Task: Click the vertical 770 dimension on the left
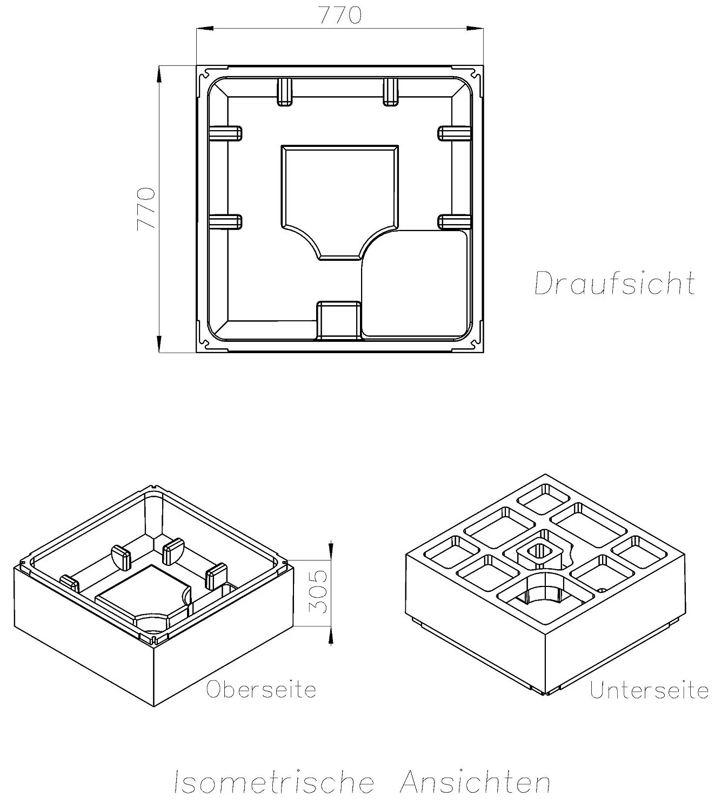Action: click(146, 208)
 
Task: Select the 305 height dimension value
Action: click(319, 591)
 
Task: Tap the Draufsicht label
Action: click(615, 283)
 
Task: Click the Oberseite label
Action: click(261, 690)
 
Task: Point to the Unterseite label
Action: click(649, 690)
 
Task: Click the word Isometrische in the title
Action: click(273, 782)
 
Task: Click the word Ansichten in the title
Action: click(475, 782)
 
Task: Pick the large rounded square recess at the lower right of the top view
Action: click(413, 283)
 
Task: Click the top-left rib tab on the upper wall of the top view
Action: click(285, 91)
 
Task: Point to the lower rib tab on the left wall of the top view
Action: click(225, 221)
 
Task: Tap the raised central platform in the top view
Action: click(339, 194)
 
